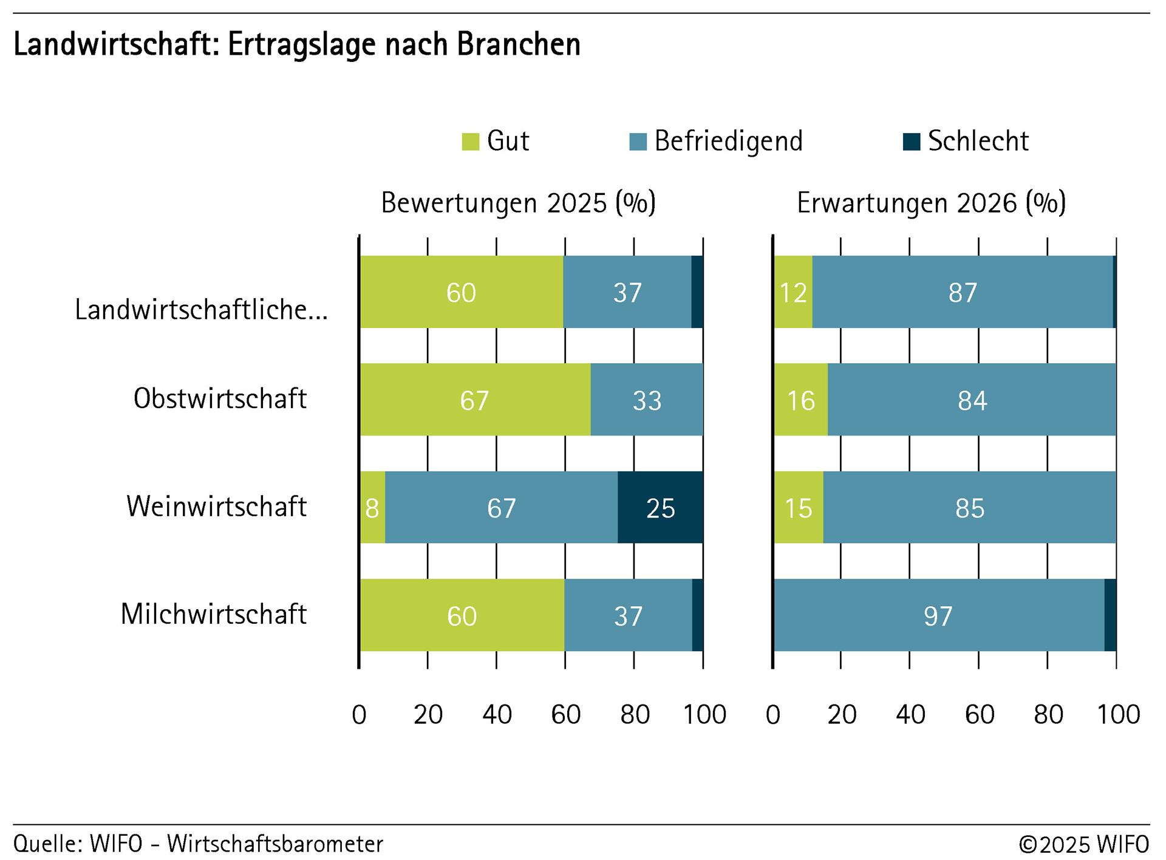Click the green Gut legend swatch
click(471, 142)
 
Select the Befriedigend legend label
click(728, 141)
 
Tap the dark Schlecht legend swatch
click(912, 142)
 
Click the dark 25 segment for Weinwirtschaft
click(660, 508)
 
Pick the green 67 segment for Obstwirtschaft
click(474, 400)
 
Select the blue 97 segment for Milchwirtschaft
click(938, 616)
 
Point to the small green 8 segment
click(372, 508)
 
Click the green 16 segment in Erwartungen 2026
click(800, 400)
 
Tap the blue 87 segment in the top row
click(963, 293)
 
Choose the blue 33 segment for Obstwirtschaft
click(647, 400)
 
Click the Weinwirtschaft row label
click(216, 507)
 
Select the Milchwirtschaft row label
click(213, 614)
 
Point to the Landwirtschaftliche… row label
click(201, 310)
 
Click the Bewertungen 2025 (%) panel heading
click(518, 203)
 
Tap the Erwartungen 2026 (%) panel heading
click(931, 203)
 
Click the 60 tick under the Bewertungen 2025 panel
click(565, 715)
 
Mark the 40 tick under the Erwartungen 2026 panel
click(910, 715)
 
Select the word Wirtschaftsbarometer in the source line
click(275, 844)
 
